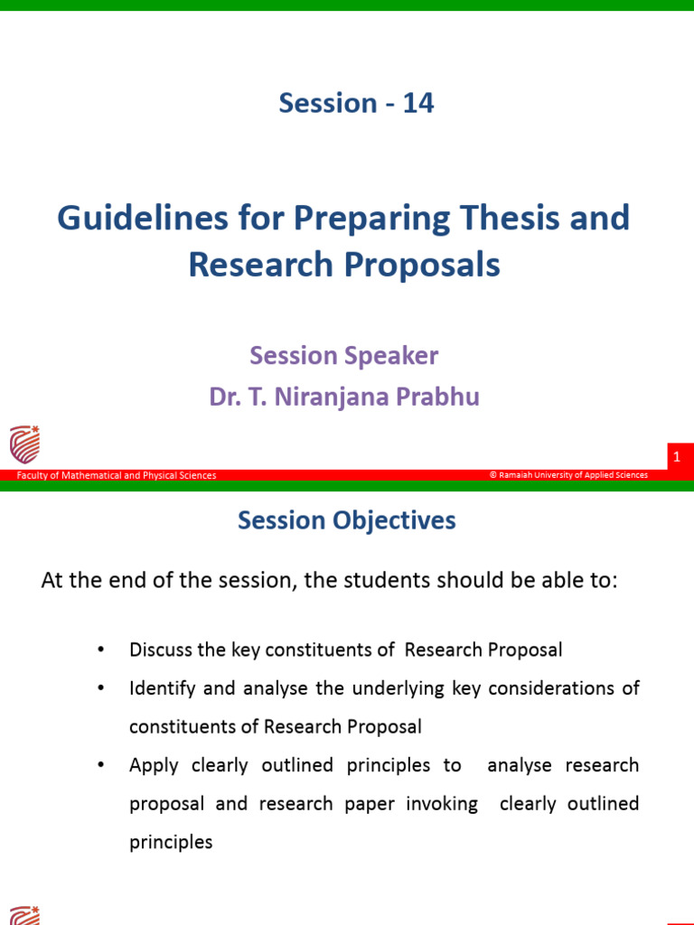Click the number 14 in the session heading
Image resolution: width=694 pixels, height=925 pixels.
click(418, 103)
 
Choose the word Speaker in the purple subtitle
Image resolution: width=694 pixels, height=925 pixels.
click(391, 355)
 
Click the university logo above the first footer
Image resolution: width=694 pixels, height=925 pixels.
click(24, 444)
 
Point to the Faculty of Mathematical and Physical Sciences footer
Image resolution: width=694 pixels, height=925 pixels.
click(117, 475)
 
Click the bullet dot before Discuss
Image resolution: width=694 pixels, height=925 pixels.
click(100, 650)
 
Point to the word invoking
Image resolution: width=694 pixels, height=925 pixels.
click(442, 804)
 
